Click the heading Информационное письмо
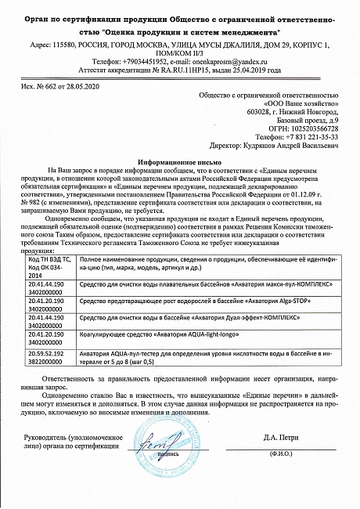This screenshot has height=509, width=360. [x=180, y=157]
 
